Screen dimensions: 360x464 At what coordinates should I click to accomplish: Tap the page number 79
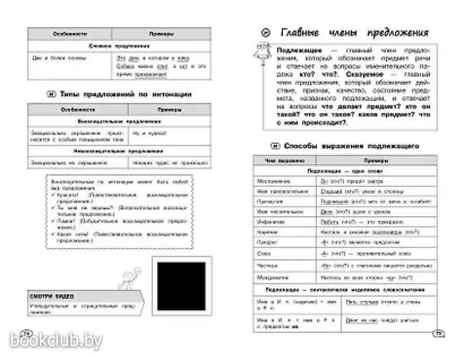(435, 333)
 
